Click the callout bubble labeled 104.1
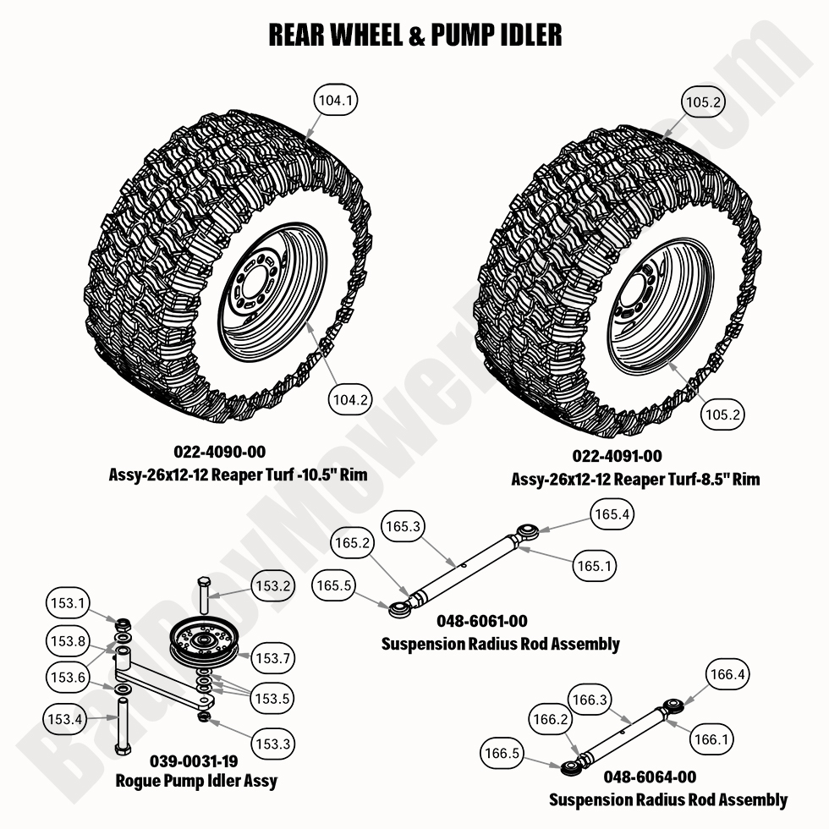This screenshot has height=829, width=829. [x=336, y=101]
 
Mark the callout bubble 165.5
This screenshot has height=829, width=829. [x=333, y=584]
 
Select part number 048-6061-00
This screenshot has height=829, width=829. [x=482, y=622]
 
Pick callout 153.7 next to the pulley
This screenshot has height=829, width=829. [x=274, y=657]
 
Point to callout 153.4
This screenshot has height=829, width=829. [x=66, y=719]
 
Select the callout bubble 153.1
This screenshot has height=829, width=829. [x=66, y=604]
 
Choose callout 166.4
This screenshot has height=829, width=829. [x=727, y=675]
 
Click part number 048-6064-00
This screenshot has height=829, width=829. [x=650, y=777]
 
